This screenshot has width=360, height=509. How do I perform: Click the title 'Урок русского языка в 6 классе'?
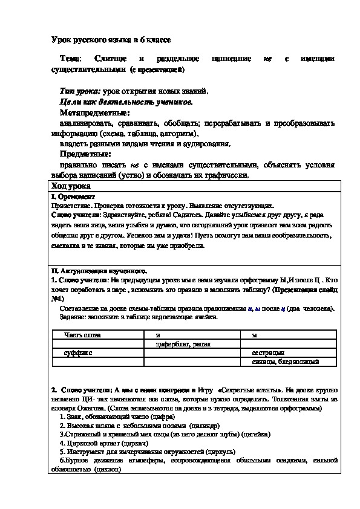[111, 39]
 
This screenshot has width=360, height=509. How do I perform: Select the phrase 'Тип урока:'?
[80, 91]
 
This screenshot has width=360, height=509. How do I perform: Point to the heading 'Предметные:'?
[85, 154]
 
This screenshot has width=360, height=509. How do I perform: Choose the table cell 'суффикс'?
[80, 352]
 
